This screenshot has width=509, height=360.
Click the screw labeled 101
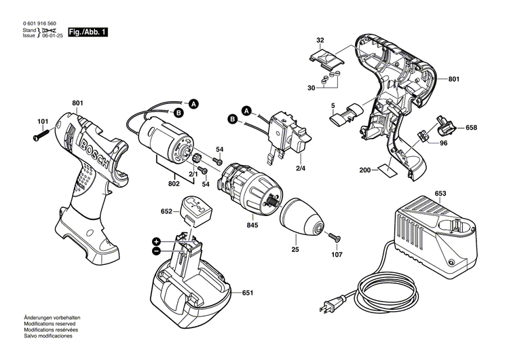coord(41,135)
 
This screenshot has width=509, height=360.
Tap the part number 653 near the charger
coord(440,194)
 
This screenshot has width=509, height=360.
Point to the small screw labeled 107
coord(335,238)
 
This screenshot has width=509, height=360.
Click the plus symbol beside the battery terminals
coord(156,241)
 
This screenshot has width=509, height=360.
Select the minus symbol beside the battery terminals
coord(156,251)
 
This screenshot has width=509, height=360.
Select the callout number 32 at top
coord(320,40)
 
